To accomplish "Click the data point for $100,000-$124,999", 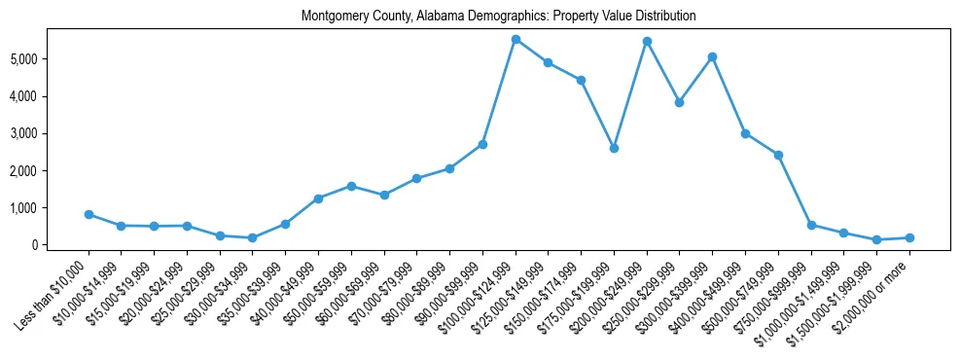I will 516,39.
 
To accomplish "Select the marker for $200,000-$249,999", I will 647,41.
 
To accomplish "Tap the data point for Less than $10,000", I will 89,214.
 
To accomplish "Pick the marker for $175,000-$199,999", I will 614,148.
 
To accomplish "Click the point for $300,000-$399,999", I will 713,56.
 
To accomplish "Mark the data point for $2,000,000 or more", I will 909,237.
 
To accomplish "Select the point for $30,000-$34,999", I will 253,237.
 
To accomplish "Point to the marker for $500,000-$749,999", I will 778,155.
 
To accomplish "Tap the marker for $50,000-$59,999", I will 351,186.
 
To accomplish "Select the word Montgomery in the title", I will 334,17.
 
